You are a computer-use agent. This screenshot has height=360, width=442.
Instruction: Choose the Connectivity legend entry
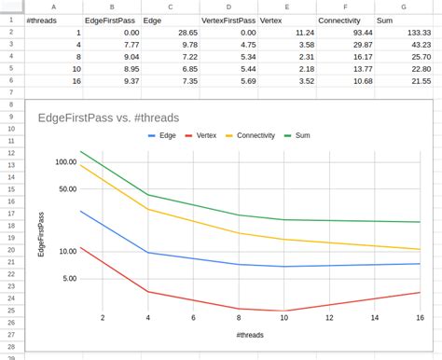pyautogui.click(x=256, y=136)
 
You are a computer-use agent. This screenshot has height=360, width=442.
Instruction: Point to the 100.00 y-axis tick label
pyautogui.click(x=65, y=161)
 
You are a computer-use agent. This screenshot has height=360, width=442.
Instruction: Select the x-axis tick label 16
pyautogui.click(x=418, y=317)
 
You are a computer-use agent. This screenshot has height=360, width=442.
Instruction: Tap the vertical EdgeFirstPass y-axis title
pyautogui.click(x=40, y=234)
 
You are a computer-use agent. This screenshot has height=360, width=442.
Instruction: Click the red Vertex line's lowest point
pyautogui.click(x=284, y=311)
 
